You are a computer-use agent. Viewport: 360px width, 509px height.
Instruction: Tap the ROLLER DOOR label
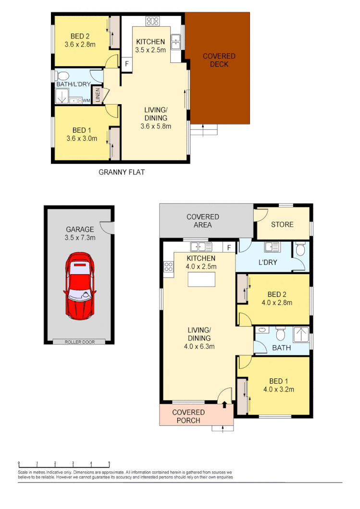point(80,342)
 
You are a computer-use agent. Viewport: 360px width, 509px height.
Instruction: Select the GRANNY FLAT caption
point(122,172)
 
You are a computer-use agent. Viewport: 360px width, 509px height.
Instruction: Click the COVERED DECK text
point(219,61)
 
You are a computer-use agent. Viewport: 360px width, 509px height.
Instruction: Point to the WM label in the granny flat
point(87,101)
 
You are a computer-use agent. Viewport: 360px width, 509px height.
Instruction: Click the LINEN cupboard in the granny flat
point(98,95)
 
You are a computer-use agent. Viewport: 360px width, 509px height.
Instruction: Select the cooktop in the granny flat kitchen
point(152,21)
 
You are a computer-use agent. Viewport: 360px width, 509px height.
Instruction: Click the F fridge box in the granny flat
point(127,63)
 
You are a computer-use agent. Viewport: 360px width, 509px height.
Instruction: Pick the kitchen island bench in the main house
point(201,279)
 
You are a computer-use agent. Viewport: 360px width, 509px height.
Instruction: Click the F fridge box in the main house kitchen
point(229,248)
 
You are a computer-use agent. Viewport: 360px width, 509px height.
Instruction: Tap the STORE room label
point(282,224)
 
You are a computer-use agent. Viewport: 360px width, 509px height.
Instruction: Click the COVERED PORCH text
point(188,416)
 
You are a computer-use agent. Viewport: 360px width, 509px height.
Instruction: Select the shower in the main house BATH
point(300,334)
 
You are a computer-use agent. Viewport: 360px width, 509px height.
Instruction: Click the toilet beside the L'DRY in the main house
point(300,249)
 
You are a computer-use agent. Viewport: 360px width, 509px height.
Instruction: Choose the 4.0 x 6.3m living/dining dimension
point(199,345)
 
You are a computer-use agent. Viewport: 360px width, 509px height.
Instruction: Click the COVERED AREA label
point(203,221)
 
